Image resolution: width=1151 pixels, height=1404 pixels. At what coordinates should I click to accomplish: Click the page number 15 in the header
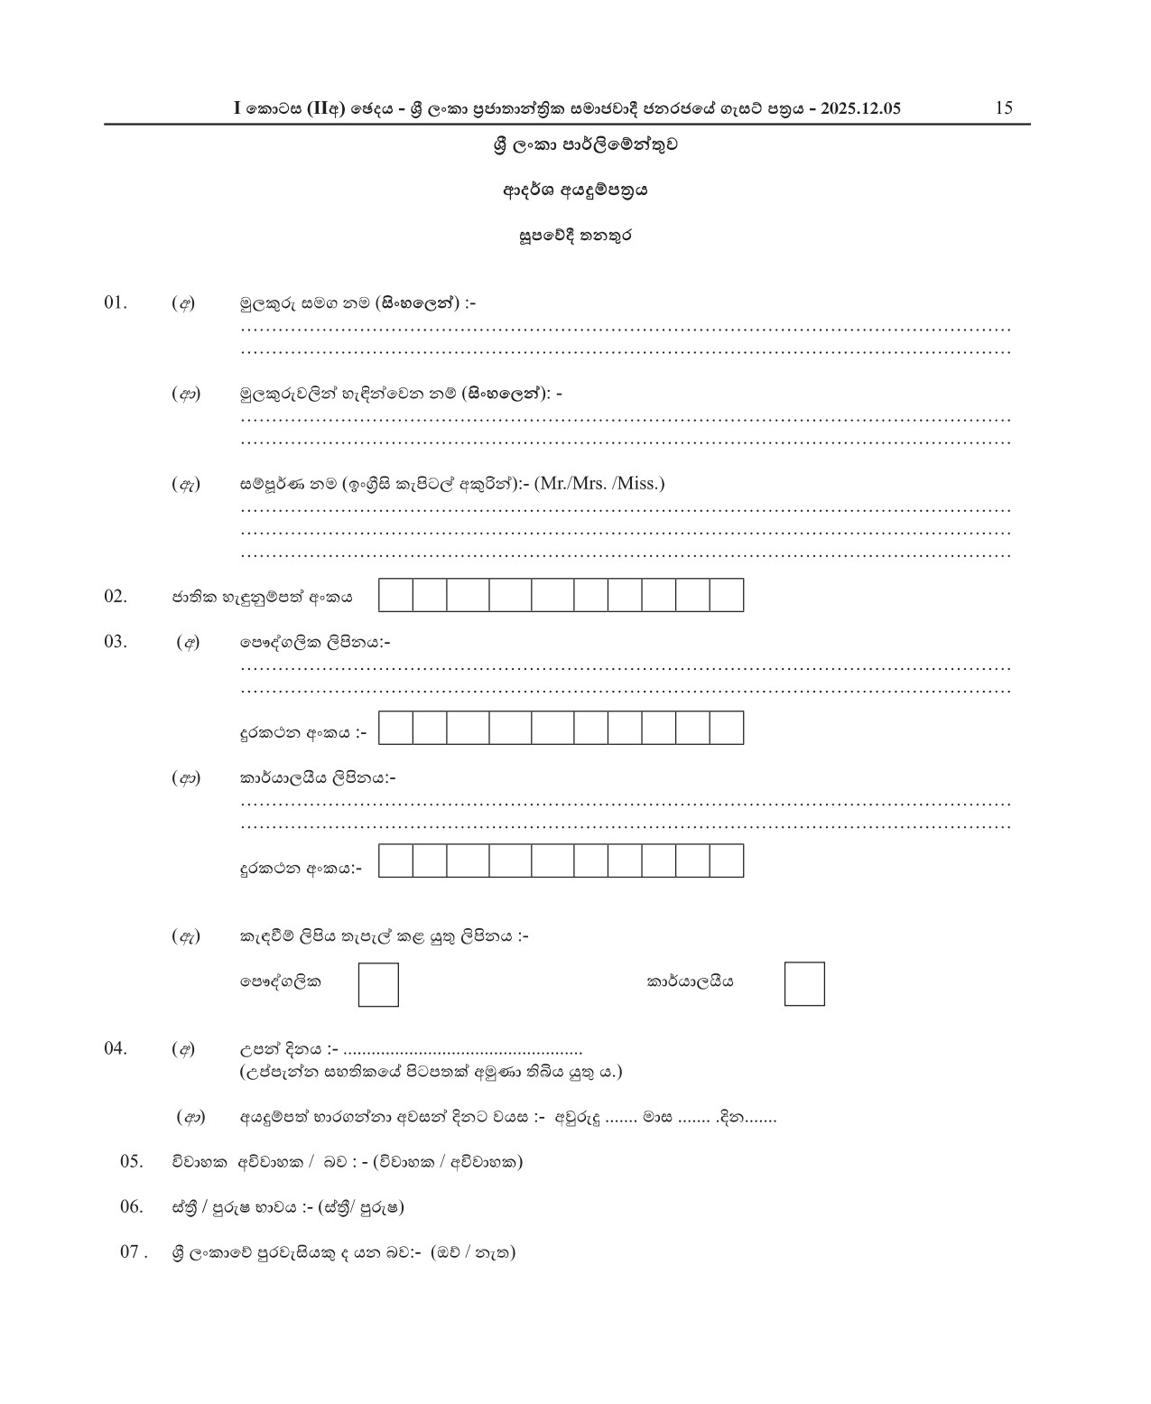tap(1004, 108)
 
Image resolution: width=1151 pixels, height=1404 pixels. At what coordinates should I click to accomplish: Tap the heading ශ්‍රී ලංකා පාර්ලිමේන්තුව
tap(585, 144)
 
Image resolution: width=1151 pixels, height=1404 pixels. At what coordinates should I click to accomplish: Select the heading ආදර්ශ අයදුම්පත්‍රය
tap(575, 191)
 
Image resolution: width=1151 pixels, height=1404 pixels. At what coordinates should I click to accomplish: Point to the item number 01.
tap(116, 302)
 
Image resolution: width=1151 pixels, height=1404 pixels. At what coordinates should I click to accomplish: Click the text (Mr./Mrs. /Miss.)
tap(599, 483)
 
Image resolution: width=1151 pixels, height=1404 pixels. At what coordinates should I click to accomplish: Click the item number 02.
tap(116, 596)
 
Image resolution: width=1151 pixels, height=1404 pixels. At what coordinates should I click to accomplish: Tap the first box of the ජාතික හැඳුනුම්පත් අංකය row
tap(395, 596)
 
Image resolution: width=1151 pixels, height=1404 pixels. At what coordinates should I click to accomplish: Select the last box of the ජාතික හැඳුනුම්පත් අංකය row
tap(727, 596)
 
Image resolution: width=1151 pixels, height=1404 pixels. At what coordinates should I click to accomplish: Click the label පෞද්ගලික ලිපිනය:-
tap(314, 643)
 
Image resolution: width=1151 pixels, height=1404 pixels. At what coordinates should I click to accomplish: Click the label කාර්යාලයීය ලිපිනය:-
tap(317, 777)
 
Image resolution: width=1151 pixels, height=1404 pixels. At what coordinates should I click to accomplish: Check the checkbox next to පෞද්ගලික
tap(378, 984)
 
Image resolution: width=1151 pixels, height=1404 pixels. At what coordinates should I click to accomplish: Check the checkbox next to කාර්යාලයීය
tap(804, 984)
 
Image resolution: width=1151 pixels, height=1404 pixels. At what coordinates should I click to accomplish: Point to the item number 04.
tap(116, 1048)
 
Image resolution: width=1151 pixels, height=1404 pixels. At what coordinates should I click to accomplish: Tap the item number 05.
tap(132, 1161)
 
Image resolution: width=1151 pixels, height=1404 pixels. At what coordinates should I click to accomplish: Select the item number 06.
tap(132, 1206)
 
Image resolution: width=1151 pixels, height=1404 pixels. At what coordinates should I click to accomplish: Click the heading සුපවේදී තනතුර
tap(575, 236)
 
